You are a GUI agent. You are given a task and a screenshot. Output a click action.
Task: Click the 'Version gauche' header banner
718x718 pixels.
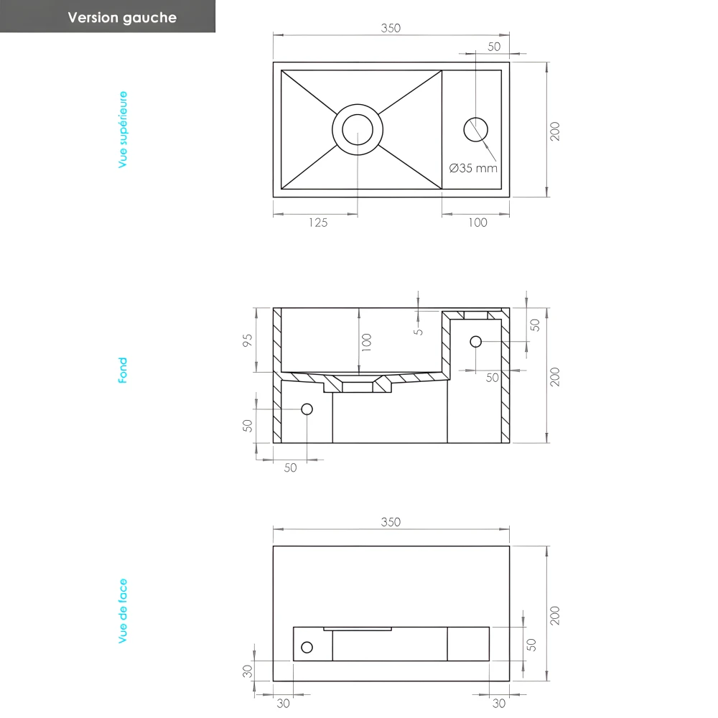point(108,17)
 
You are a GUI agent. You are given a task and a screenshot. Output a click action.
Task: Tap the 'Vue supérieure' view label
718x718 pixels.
point(123,130)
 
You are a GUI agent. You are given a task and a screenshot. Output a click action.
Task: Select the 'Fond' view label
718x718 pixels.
point(123,370)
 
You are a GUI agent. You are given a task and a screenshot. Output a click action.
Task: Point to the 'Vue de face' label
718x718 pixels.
point(123,611)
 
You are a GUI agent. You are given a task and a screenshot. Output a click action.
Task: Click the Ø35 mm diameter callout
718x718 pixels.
point(473,168)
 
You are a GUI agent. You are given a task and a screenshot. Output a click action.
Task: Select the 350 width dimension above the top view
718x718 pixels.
point(390,29)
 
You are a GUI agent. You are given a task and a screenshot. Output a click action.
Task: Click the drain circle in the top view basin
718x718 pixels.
point(358,130)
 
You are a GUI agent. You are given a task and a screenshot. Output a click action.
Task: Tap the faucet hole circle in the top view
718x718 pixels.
point(475,129)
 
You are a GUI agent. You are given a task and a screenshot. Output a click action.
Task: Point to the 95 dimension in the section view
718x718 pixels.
point(248,340)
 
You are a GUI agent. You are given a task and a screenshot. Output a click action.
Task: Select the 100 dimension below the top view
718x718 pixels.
point(477,223)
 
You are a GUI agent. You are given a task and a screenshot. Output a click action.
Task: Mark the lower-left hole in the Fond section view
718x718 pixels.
point(307,409)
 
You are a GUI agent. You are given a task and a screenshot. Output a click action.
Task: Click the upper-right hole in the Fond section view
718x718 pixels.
point(475,341)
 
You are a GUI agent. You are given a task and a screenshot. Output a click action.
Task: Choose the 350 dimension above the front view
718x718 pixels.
point(390,522)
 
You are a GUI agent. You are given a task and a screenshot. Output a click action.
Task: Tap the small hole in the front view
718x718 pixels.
point(307,648)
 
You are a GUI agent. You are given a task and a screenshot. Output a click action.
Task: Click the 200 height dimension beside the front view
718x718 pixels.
point(555,615)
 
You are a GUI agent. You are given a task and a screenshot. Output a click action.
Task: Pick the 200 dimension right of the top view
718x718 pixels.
point(555,131)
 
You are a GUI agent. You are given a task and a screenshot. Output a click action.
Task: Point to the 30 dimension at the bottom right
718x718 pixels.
point(499,704)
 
